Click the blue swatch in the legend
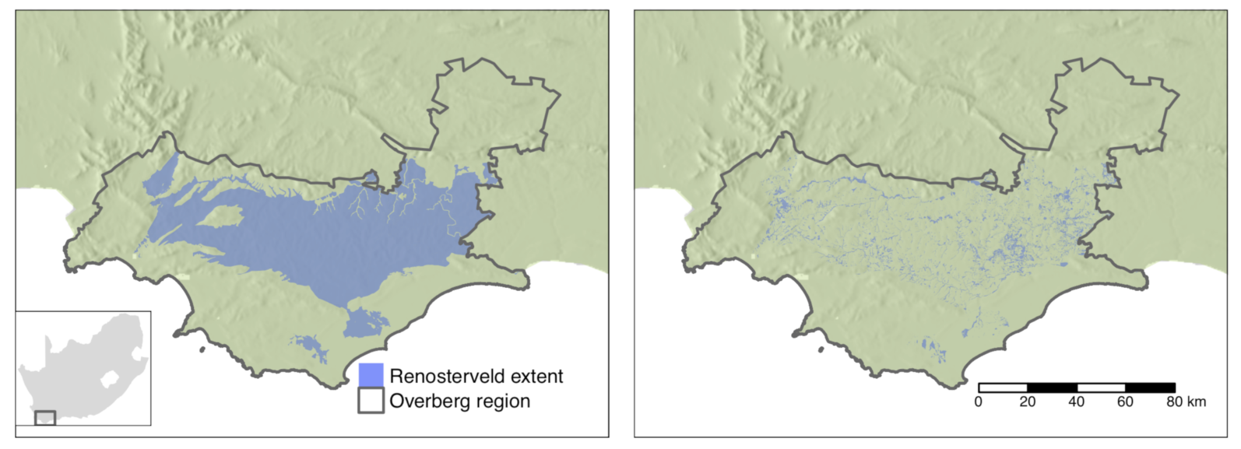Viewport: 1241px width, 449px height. [371, 375]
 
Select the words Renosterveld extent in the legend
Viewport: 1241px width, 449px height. [476, 377]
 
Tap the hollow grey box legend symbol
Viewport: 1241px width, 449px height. [371, 401]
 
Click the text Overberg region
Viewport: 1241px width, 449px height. [459, 402]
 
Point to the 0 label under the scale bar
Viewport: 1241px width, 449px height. [979, 402]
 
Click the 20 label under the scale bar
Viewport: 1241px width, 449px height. [1028, 402]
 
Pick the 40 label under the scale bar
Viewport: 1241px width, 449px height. [1077, 402]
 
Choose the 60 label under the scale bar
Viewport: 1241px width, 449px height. [1126, 402]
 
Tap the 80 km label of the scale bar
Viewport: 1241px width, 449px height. [1185, 402]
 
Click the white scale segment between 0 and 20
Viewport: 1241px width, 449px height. [1003, 388]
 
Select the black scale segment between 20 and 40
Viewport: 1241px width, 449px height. [1052, 388]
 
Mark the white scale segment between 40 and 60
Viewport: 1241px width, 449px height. [1101, 388]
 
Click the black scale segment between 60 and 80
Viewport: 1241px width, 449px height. [1150, 388]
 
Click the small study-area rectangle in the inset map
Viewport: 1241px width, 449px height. [45, 418]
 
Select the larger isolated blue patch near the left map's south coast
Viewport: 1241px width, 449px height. [364, 321]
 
